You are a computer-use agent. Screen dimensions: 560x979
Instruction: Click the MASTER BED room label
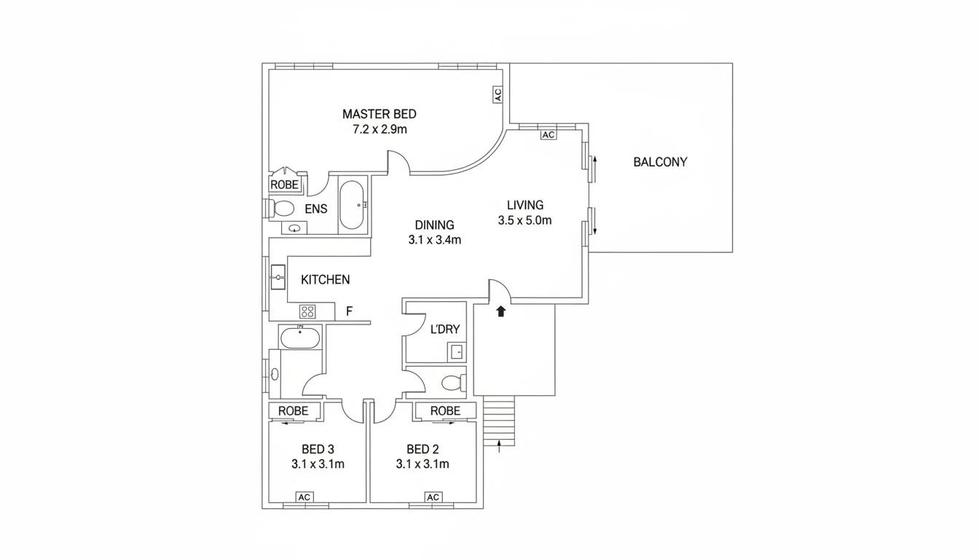click(x=379, y=114)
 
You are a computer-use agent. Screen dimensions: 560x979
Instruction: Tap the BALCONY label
click(x=660, y=162)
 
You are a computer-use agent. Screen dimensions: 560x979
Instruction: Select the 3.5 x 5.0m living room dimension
click(x=524, y=220)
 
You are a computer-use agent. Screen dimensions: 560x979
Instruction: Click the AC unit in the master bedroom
click(x=498, y=95)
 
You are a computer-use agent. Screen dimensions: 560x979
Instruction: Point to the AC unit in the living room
click(x=548, y=135)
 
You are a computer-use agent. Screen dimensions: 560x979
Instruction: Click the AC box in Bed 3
click(x=304, y=497)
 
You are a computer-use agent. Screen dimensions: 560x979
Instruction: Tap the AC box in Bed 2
click(x=433, y=497)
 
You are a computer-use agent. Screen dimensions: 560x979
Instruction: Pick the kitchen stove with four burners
click(x=307, y=311)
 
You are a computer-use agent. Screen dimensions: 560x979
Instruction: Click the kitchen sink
click(x=278, y=278)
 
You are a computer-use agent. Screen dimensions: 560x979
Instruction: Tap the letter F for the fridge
click(x=349, y=311)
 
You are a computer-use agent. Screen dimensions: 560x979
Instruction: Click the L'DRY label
click(x=445, y=330)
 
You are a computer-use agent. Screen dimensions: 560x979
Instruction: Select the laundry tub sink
click(x=456, y=351)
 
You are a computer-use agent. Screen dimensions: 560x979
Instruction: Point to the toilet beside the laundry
click(x=452, y=382)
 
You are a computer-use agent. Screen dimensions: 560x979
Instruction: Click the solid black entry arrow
click(x=500, y=311)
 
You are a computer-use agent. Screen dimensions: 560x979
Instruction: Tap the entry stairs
click(x=499, y=421)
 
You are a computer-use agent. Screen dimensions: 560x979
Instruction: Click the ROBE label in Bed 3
click(x=294, y=411)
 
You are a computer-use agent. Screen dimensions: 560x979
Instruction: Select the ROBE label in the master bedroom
click(x=284, y=185)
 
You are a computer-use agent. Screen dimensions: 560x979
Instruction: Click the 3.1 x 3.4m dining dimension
click(x=434, y=239)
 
